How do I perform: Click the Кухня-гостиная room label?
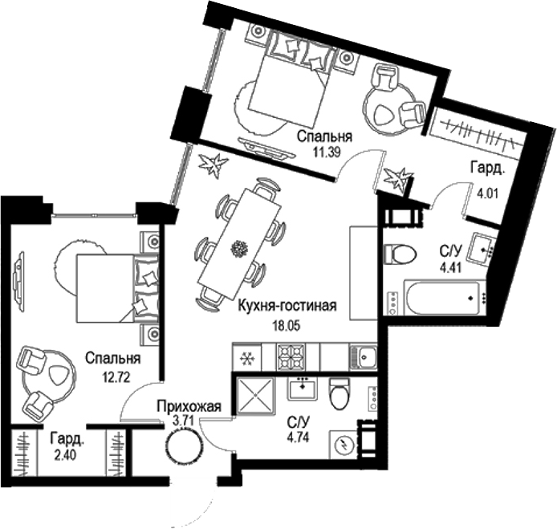(x=286, y=305)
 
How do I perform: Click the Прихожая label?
(x=189, y=406)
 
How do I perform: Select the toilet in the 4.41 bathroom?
(x=400, y=254)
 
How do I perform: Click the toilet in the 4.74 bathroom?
(x=340, y=393)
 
